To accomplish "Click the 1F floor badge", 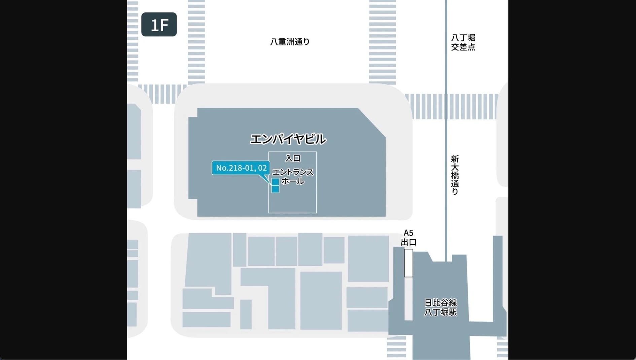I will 159,24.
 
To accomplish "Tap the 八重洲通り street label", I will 290,42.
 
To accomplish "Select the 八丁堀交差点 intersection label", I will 463,42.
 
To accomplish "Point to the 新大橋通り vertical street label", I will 455,175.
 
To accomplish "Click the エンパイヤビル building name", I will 288,139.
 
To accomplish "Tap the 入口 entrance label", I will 293,158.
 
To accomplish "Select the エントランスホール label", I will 292,177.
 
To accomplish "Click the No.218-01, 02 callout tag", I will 241,168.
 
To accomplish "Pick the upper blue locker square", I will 275,182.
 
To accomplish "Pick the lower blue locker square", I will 275,189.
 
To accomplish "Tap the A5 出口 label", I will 409,238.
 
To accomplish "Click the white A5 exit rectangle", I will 409,263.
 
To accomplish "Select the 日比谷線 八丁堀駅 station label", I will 440,308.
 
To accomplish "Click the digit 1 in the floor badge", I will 154,25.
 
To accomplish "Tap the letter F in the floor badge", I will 164,25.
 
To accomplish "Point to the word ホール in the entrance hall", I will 293,181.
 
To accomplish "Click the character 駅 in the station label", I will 453,312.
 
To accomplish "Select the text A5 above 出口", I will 408,233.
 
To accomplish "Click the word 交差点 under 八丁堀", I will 463,47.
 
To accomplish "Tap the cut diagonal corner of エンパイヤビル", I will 372,122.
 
